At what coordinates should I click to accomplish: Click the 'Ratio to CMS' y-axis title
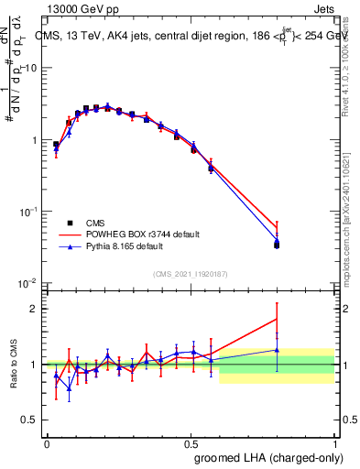coord(14,364)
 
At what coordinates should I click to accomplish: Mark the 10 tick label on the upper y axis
coord(30,69)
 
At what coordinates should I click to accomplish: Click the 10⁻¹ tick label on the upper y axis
coord(27,212)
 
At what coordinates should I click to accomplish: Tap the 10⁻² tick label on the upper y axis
coord(27,283)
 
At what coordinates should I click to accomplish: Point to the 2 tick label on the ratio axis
coord(35,309)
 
